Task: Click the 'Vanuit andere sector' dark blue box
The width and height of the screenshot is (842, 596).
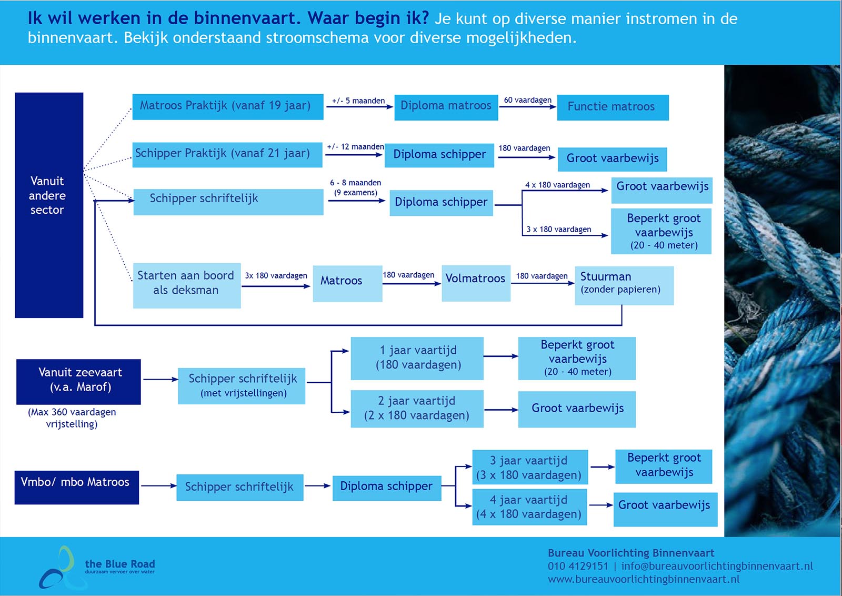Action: pyautogui.click(x=48, y=205)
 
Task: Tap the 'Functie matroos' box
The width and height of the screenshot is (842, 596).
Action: pyautogui.click(x=613, y=107)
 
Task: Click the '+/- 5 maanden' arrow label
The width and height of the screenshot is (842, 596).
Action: pyautogui.click(x=358, y=101)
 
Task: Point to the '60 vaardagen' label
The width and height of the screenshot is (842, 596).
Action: pyautogui.click(x=527, y=100)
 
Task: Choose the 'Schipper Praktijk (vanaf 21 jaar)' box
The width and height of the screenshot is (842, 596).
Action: pyautogui.click(x=227, y=154)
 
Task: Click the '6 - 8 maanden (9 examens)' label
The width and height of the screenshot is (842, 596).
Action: pyautogui.click(x=356, y=187)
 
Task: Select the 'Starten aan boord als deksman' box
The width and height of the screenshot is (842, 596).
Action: pyautogui.click(x=186, y=285)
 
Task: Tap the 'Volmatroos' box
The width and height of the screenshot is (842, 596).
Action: pyautogui.click(x=476, y=283)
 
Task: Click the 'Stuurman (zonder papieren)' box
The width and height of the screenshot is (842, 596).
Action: pyautogui.click(x=624, y=285)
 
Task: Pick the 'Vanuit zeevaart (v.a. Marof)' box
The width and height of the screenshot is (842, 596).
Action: pyautogui.click(x=78, y=381)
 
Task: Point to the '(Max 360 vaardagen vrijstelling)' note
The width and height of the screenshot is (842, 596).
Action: pyautogui.click(x=72, y=418)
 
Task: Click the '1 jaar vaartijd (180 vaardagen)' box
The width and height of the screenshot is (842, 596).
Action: pyautogui.click(x=417, y=358)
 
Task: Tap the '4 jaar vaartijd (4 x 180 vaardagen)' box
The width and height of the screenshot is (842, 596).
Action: pyautogui.click(x=529, y=507)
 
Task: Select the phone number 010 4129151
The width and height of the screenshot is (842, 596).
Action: pyautogui.click(x=577, y=566)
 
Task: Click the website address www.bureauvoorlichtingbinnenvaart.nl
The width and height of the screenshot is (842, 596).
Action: pyautogui.click(x=643, y=579)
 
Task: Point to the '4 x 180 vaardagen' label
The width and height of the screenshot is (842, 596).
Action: pyautogui.click(x=557, y=185)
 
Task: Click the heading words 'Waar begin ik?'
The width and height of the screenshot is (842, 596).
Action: pyautogui.click(x=368, y=18)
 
